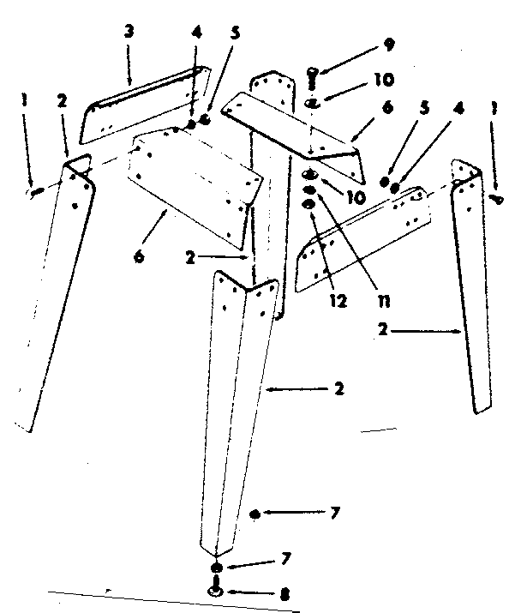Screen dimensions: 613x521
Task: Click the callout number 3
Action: pos(129,31)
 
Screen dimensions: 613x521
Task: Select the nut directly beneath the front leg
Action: pos(215,568)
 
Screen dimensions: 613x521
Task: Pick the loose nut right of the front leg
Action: pos(254,514)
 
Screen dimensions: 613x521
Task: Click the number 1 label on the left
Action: pos(26,100)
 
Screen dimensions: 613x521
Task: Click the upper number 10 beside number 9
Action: pos(383,81)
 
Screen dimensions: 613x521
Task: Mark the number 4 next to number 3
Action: pos(197,35)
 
